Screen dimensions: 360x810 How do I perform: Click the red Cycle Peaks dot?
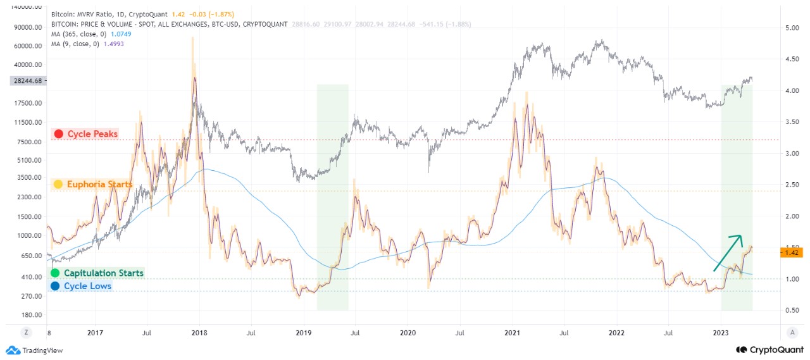pos(58,134)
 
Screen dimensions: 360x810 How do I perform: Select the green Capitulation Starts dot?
pos(55,273)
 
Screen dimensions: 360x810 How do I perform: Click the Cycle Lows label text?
pos(87,286)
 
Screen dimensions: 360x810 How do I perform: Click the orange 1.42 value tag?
pos(790,252)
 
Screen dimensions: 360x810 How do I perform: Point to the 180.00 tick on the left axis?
pos(30,314)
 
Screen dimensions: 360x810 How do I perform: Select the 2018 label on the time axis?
pos(199,332)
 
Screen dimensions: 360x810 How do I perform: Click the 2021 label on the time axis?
pos(512,332)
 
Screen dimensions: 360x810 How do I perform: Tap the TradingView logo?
pos(35,350)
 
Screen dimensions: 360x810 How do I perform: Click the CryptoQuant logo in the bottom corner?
pos(769,349)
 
